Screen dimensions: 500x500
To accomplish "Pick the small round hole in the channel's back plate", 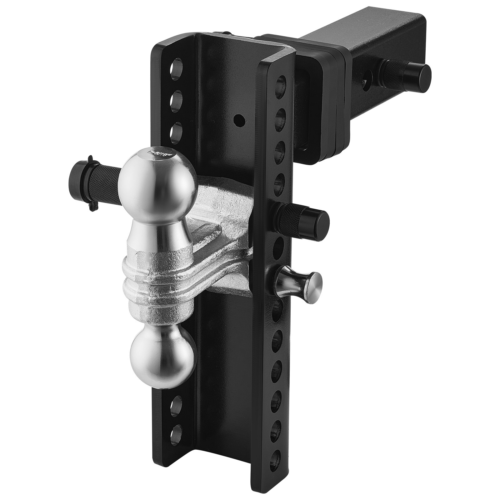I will (239, 119).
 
